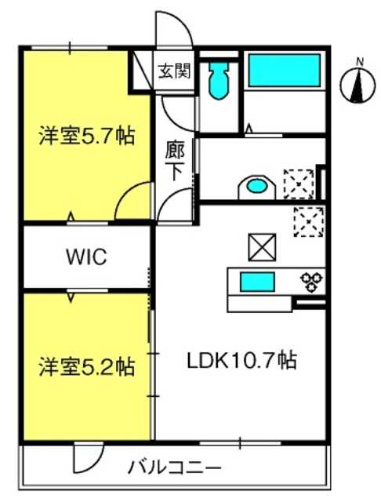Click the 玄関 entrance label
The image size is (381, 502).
point(175,71)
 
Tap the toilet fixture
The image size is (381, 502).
point(220,80)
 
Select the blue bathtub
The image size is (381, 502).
point(285,71)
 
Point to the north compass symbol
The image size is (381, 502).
point(357,85)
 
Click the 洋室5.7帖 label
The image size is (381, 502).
point(87,136)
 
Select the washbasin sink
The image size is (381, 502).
point(257,187)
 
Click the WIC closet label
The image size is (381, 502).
point(86,256)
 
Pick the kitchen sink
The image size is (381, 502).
point(257,282)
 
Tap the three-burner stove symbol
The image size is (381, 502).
point(311,282)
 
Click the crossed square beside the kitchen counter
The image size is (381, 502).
point(262,247)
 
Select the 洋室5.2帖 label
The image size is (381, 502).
point(87,366)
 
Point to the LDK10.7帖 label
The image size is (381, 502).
point(241,361)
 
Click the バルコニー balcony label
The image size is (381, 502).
point(174,467)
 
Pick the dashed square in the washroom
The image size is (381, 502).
point(299,184)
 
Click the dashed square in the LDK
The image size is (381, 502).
point(309,222)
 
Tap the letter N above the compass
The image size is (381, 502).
point(361,62)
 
